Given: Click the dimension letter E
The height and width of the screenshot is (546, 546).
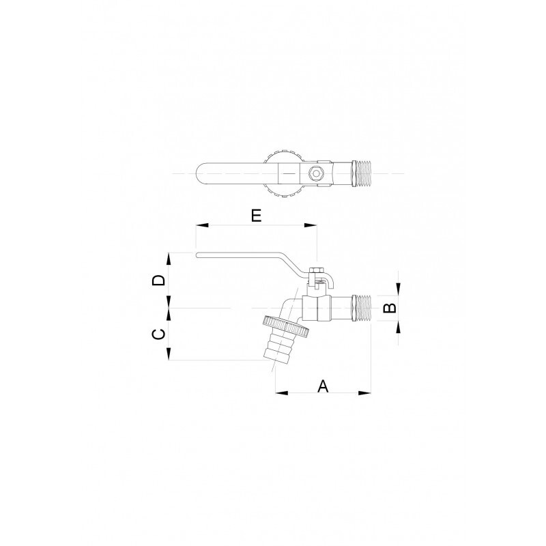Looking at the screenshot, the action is click(256, 216).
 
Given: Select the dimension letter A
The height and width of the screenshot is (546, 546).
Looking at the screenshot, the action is click(323, 386).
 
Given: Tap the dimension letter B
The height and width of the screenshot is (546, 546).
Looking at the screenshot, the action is click(390, 308).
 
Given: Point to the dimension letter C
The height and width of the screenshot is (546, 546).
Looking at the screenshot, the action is click(158, 334).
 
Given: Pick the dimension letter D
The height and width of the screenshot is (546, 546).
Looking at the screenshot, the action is click(158, 281).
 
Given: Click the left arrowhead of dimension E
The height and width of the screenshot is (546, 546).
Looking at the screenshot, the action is click(202, 225).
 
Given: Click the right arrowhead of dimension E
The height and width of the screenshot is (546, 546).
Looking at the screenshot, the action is click(311, 225).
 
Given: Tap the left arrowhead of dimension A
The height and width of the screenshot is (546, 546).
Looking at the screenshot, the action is click(282, 393).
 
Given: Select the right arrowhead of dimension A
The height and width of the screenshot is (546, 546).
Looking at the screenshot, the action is click(365, 393).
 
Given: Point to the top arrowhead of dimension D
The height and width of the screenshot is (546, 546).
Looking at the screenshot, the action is click(169, 259).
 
